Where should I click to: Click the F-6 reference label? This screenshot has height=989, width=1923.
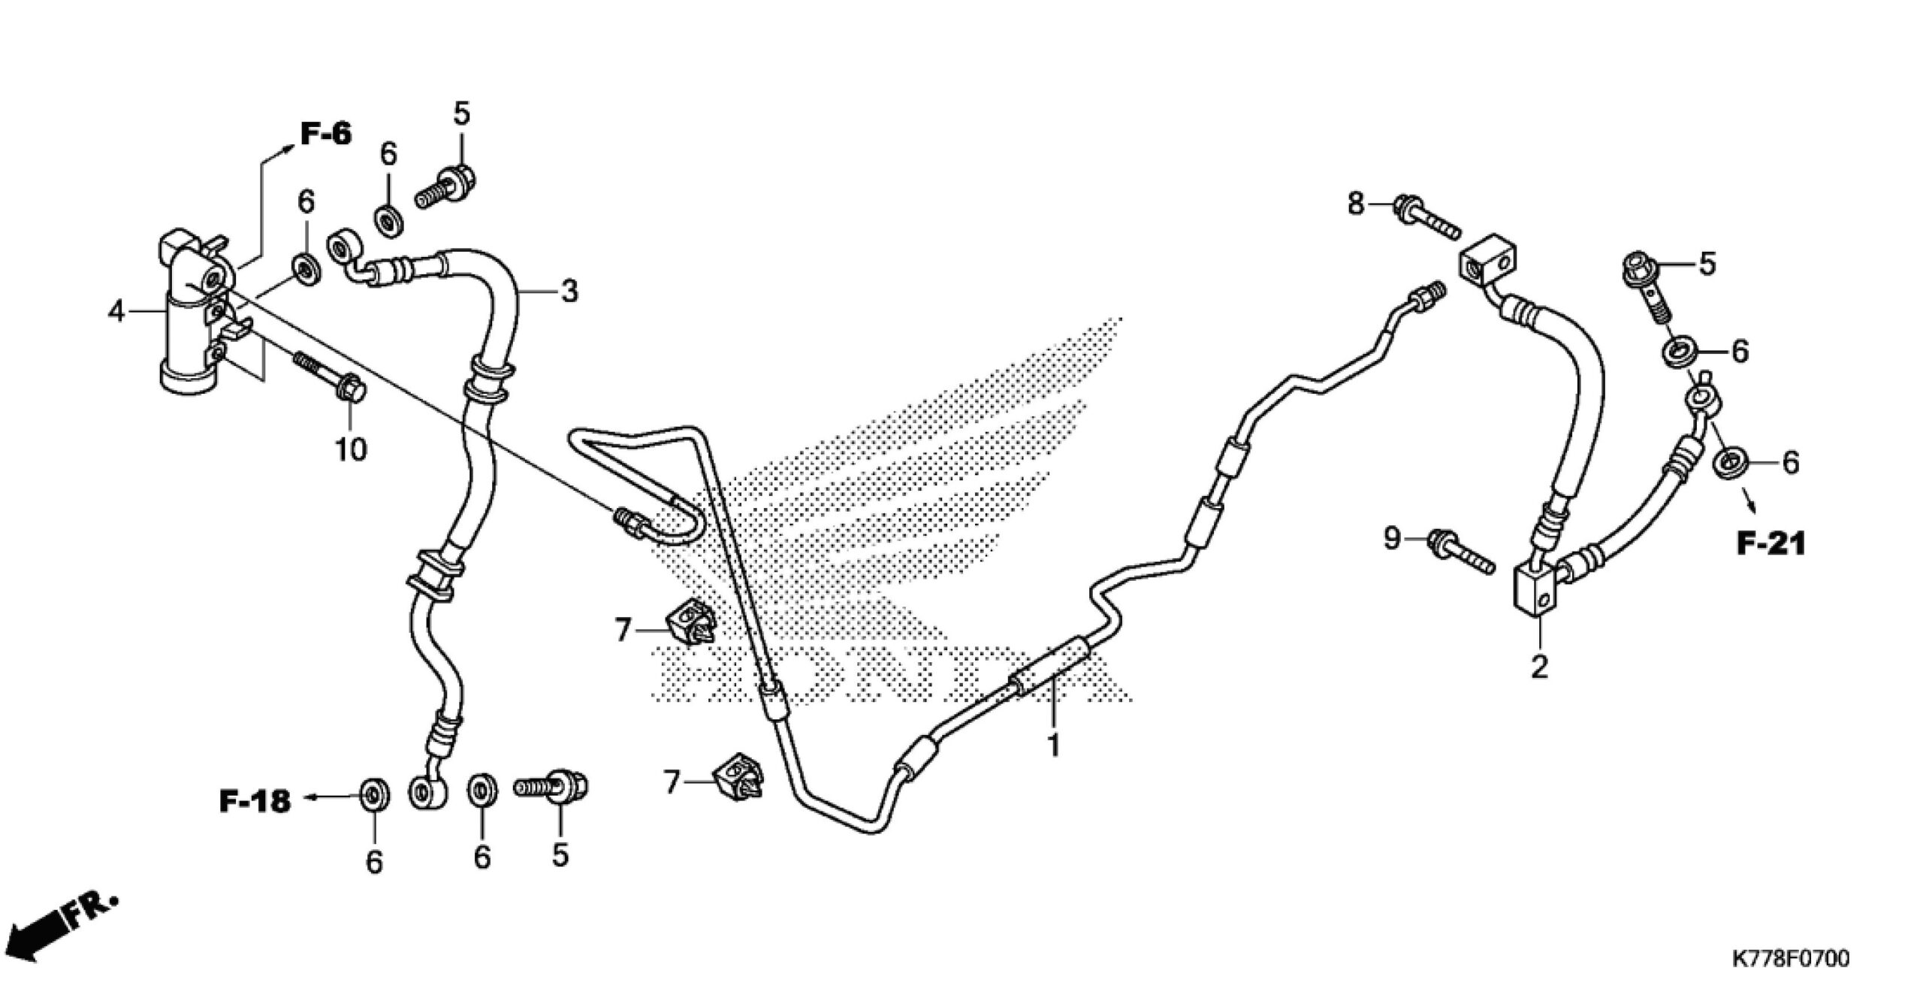click(326, 135)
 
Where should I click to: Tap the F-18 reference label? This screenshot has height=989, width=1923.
click(255, 801)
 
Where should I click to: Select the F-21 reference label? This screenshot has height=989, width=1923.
click(1770, 543)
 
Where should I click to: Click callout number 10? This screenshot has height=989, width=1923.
click(351, 449)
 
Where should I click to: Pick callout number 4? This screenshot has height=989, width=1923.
click(116, 311)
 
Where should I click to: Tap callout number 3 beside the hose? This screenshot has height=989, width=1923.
click(569, 292)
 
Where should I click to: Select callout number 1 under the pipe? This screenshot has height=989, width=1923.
click(1054, 746)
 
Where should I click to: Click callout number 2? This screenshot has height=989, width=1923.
click(1539, 667)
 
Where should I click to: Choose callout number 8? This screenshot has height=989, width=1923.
click(1356, 203)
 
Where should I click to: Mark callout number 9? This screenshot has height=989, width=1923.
click(1392, 539)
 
